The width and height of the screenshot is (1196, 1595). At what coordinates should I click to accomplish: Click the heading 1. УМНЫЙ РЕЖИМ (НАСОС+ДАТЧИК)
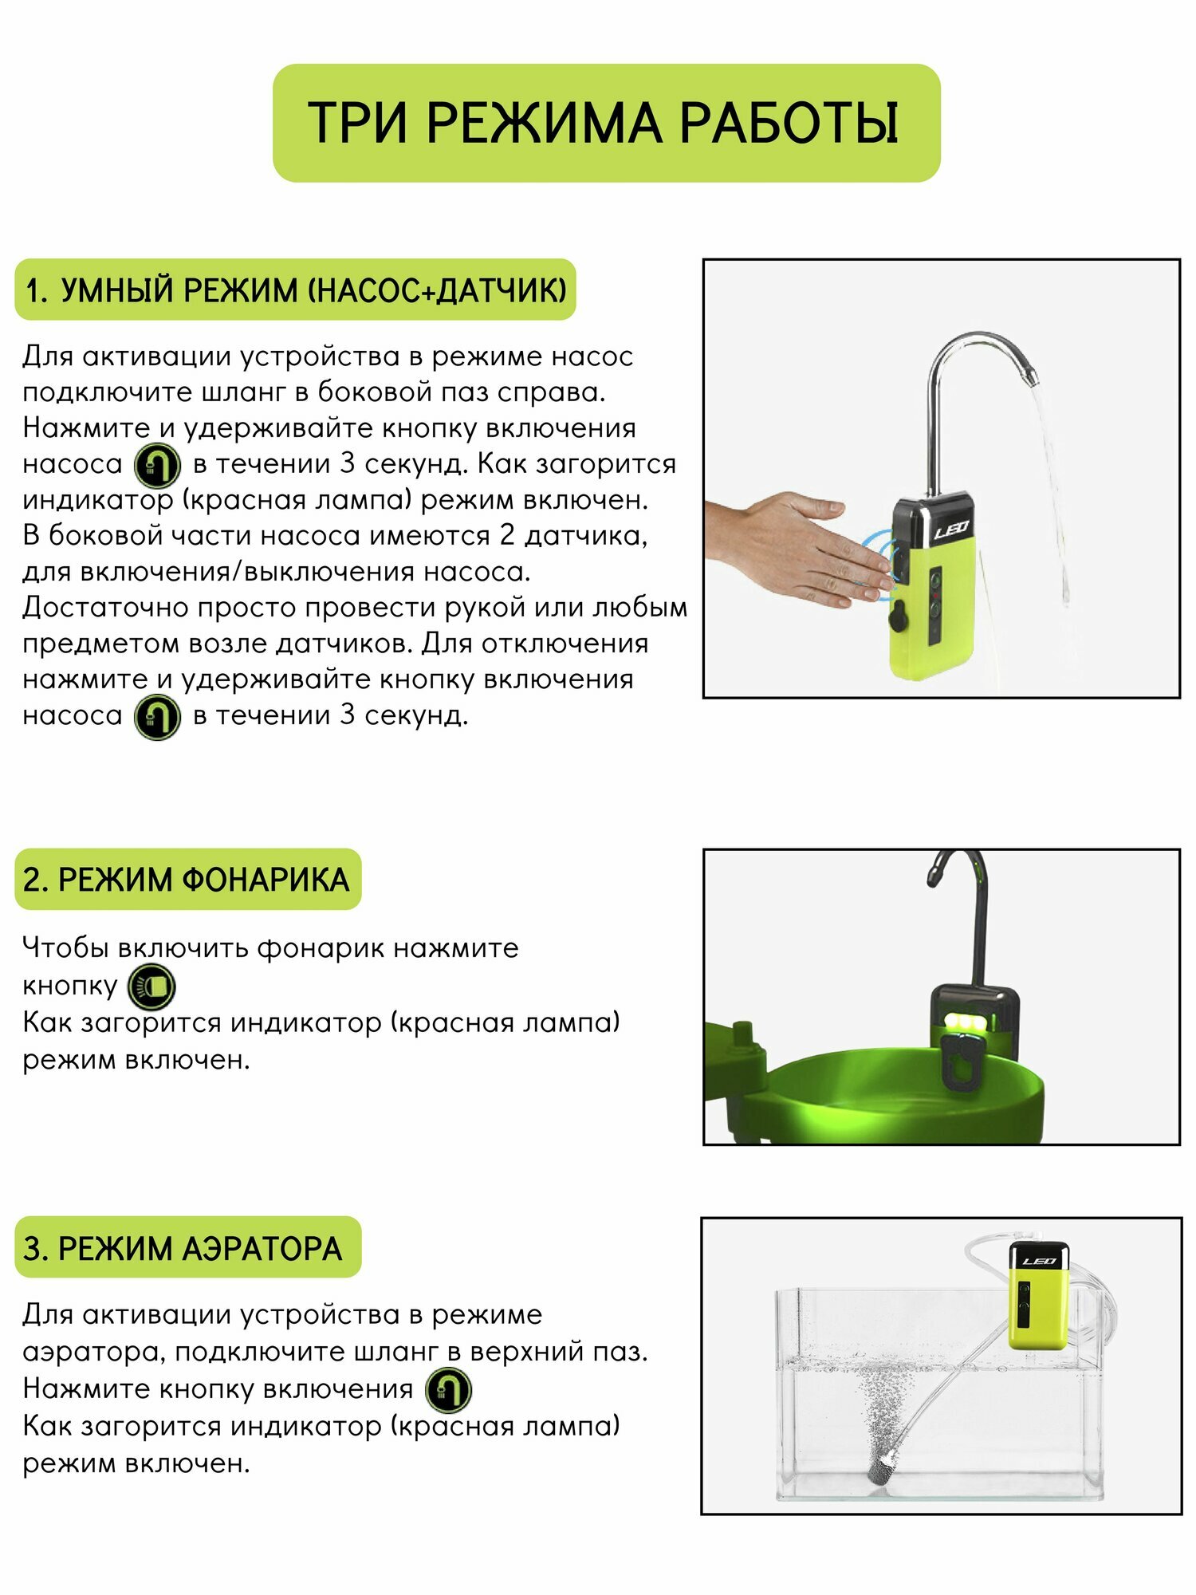coord(295,289)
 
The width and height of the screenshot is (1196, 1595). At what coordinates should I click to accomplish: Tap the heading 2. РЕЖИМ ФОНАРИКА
coord(187,880)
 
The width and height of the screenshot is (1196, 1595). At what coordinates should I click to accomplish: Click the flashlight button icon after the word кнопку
coord(151,987)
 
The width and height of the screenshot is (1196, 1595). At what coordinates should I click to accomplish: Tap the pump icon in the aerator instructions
coord(448,1390)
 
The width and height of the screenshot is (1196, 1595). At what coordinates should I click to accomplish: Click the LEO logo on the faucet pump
coord(950,529)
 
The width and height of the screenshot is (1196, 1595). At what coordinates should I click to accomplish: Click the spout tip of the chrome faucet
coord(1030,370)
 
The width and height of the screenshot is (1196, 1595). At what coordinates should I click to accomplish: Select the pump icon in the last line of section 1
coord(157,717)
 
